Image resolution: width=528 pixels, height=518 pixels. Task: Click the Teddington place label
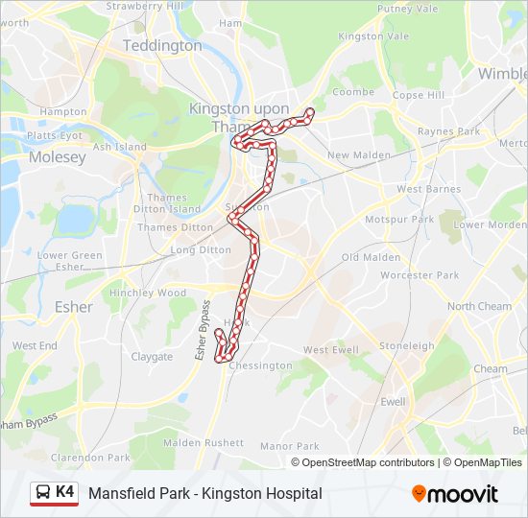pyautogui.click(x=162, y=45)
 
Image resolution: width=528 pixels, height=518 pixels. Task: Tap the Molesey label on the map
pyautogui.click(x=57, y=156)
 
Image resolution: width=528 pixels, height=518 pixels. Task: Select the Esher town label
pyautogui.click(x=74, y=307)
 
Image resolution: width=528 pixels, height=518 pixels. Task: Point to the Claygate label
pyautogui.click(x=152, y=357)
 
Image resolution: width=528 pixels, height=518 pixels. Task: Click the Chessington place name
pyautogui.click(x=260, y=365)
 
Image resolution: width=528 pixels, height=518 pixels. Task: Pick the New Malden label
pyautogui.click(x=359, y=155)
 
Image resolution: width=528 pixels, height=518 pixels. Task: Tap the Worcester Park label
pyautogui.click(x=420, y=275)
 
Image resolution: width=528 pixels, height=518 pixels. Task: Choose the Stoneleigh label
pyautogui.click(x=407, y=345)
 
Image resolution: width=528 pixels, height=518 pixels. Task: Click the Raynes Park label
pyautogui.click(x=448, y=131)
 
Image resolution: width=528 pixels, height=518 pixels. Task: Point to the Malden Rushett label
pyautogui.click(x=204, y=443)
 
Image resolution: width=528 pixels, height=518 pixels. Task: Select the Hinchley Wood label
pyautogui.click(x=148, y=293)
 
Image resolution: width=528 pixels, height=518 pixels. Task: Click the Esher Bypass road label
pyautogui.click(x=204, y=331)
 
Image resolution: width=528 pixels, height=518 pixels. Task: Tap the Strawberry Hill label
pyautogui.click(x=143, y=6)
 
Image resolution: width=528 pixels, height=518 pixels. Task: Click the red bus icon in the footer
pyautogui.click(x=42, y=493)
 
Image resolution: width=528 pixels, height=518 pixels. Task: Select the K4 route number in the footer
pyautogui.click(x=65, y=492)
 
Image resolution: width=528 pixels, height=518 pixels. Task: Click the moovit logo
pyautogui.click(x=455, y=494)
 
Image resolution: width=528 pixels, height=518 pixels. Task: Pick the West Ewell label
pyautogui.click(x=330, y=350)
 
